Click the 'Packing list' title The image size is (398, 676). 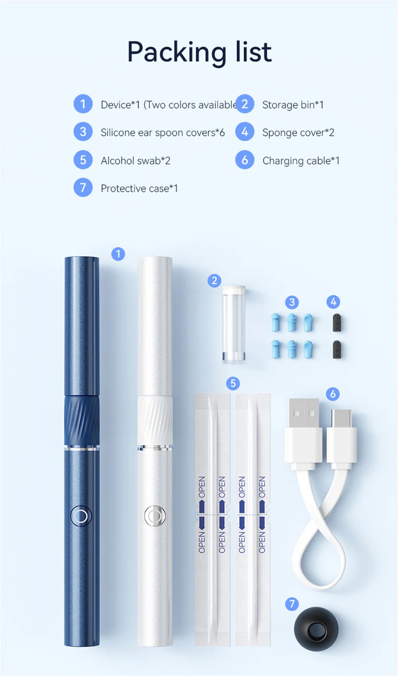[x=199, y=52]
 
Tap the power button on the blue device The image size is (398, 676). [x=81, y=515]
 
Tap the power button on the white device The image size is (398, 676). [x=155, y=515]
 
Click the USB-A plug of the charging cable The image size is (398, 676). [x=304, y=432]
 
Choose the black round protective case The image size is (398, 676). [x=316, y=629]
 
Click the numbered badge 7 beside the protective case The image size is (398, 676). [x=292, y=604]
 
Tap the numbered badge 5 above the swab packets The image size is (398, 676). [x=233, y=383]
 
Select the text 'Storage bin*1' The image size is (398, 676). [x=293, y=105]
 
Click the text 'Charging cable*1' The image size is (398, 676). [x=301, y=161]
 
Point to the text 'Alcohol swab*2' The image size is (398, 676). [x=135, y=161]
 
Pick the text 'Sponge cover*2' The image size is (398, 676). [x=298, y=132]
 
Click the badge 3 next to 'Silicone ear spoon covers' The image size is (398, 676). [x=83, y=132]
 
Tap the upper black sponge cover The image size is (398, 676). [x=336, y=323]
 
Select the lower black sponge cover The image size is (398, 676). [x=336, y=350]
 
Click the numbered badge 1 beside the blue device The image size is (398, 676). [x=118, y=254]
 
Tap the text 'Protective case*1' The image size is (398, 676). [x=139, y=189]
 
